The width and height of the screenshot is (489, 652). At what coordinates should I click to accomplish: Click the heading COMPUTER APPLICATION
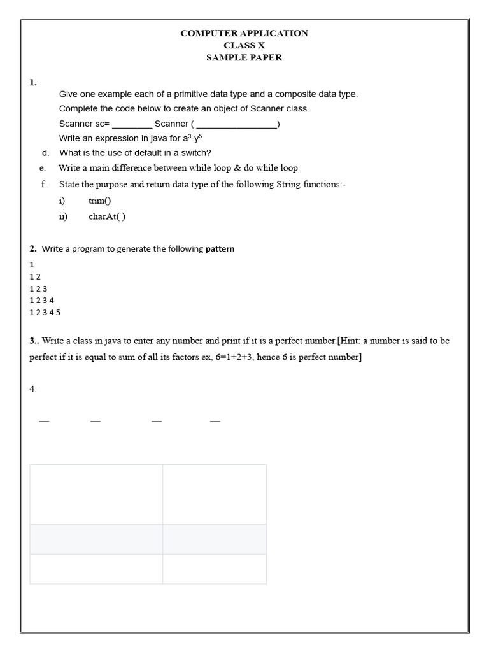[244, 33]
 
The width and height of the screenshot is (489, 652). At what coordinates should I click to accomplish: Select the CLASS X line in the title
[244, 45]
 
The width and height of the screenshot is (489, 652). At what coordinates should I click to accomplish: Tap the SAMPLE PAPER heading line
[244, 57]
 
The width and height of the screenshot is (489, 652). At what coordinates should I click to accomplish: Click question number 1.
[33, 82]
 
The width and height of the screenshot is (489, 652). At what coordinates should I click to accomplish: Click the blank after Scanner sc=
[132, 124]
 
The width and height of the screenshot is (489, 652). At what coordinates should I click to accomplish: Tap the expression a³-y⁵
[193, 138]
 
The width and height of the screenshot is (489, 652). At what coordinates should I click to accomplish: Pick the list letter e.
[42, 169]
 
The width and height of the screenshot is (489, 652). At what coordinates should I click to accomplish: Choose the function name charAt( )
[107, 216]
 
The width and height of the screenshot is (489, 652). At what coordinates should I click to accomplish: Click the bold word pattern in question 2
[220, 249]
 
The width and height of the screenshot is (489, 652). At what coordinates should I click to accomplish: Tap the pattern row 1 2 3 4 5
[45, 313]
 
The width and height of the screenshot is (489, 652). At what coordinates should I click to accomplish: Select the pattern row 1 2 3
[38, 288]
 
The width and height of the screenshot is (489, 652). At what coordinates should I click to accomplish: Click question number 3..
[34, 341]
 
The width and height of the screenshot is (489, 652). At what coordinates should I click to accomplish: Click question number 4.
[33, 389]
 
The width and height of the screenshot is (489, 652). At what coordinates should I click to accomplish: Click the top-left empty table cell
[96, 494]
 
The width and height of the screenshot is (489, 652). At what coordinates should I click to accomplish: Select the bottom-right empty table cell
[215, 569]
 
